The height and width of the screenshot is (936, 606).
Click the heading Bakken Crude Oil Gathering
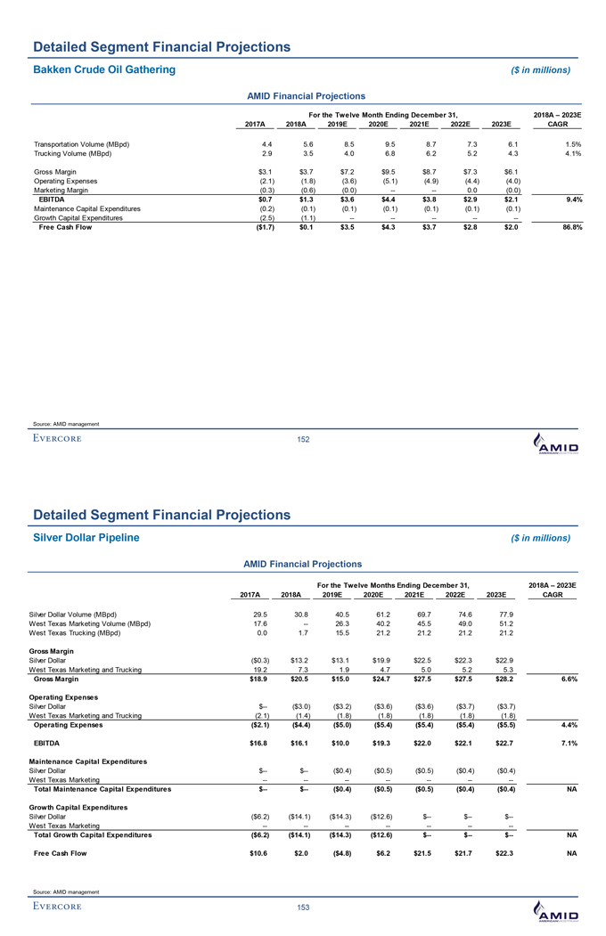tap(104, 69)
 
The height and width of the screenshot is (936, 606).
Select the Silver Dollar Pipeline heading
tap(86, 537)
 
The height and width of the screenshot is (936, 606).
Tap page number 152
tap(302, 438)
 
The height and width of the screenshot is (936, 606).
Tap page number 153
tap(302, 906)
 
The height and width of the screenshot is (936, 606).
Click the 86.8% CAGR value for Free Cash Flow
tap(567, 226)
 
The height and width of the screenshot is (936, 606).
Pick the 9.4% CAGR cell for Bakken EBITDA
tap(572, 199)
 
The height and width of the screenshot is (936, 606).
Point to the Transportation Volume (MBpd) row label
tap(81, 143)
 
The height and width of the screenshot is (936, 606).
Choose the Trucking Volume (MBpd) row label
tap(71, 153)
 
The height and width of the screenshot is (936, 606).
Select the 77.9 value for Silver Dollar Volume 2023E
tap(510, 614)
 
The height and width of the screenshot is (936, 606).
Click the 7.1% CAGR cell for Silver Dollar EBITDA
tap(571, 740)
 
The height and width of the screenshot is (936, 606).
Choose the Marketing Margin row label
tap(62, 189)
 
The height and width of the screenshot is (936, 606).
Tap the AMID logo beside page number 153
tap(553, 910)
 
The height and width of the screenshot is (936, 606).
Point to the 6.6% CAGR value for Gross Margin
tap(571, 680)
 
